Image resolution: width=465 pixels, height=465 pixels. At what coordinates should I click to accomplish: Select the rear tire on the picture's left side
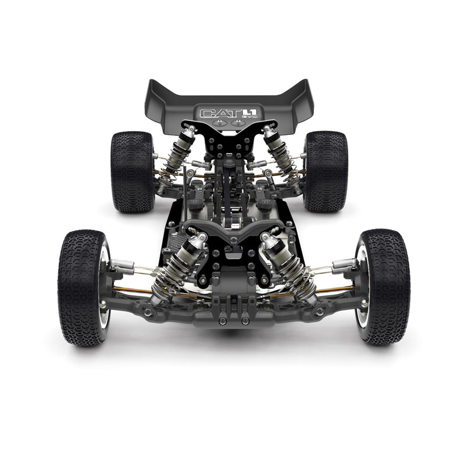[x=131, y=171]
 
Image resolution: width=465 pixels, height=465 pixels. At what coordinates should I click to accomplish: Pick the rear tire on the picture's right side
[x=326, y=171]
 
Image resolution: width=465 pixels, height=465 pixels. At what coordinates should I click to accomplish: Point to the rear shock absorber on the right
[x=281, y=151]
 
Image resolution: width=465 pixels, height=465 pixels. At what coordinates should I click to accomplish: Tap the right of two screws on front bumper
[x=245, y=320]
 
